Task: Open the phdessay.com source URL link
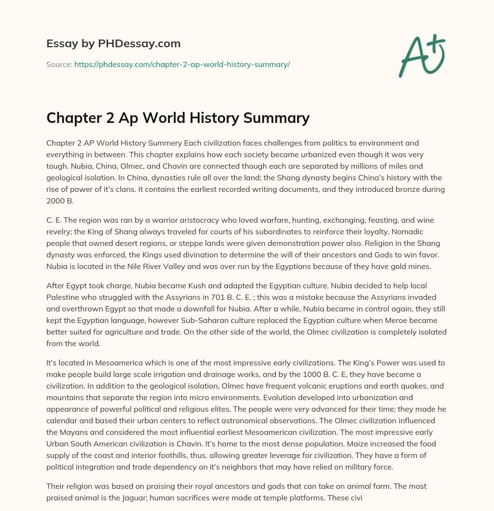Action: coord(182,64)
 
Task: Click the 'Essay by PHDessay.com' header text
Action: coord(113,44)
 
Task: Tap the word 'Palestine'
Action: coord(63,297)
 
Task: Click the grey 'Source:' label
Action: coord(59,64)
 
